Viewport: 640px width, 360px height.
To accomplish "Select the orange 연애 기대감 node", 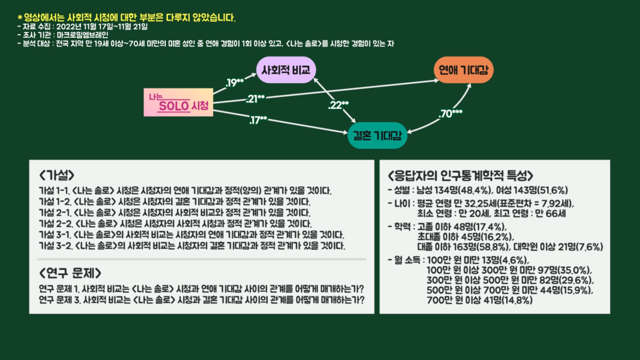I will click(462, 69).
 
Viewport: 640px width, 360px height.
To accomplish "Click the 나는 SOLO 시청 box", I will click(178, 103).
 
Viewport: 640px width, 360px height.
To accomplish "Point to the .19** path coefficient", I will click(235, 83).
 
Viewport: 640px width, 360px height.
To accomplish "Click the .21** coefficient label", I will click(255, 98).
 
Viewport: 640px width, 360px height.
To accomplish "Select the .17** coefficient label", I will click(258, 120).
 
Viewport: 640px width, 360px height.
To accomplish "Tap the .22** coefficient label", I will click(338, 105).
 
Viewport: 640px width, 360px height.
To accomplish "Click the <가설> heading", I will click(56, 175).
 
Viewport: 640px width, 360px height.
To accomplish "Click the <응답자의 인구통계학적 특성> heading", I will click(460, 175).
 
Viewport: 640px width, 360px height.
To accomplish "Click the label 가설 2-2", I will click(54, 223).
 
